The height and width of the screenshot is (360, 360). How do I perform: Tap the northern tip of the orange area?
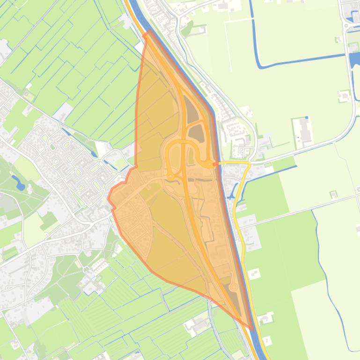coord(149,31)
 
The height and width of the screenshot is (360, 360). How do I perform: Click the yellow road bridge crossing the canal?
coord(220,163)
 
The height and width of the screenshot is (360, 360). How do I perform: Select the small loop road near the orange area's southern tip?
coord(234,286)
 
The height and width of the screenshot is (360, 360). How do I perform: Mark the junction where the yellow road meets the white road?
coord(249,165)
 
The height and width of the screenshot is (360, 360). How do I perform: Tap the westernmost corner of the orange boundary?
coord(109,198)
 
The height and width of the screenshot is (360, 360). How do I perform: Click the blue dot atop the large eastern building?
coord(307,118)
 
